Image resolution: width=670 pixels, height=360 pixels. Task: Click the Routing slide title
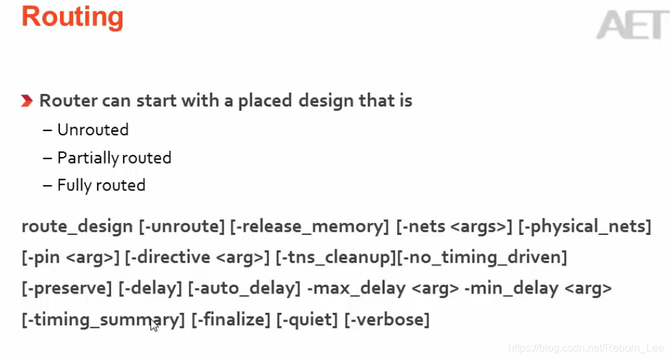point(73,16)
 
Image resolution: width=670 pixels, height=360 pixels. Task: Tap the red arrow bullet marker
point(27,101)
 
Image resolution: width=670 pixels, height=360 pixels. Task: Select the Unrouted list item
point(92,130)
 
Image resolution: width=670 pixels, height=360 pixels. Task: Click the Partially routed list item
point(114,158)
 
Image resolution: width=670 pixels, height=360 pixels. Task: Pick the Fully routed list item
point(101,185)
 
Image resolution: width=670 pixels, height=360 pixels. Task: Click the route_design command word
point(77,226)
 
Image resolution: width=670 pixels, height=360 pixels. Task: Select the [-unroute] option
point(182,226)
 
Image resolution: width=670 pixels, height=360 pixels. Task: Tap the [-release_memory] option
point(309,226)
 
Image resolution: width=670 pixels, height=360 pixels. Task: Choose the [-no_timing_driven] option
point(482,257)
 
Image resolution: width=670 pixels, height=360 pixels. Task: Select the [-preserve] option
point(67,288)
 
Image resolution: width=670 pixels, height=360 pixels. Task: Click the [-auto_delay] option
point(244,288)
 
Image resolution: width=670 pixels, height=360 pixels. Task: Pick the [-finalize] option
point(231,319)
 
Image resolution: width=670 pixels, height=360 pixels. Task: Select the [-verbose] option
point(387,319)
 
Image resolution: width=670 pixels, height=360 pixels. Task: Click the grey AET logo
point(631,25)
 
